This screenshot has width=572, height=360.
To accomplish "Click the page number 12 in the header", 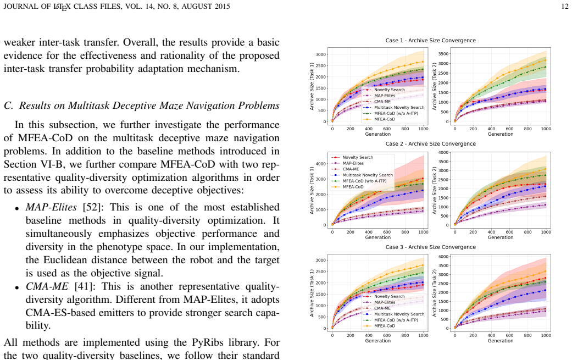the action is (565, 6).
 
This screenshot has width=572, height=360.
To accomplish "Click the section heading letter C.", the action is (8, 106).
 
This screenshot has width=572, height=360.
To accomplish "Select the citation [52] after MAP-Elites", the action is (93, 207).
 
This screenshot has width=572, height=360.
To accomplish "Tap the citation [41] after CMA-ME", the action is (85, 286).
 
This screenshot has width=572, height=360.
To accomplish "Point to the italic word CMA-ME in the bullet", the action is (47, 286).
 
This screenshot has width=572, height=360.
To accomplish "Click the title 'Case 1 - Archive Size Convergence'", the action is (430, 41).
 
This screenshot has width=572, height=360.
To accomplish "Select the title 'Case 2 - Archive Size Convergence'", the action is (430, 143).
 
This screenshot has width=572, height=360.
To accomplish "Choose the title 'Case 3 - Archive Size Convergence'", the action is (430, 247).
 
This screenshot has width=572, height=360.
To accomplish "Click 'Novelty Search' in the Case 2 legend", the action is (358, 157).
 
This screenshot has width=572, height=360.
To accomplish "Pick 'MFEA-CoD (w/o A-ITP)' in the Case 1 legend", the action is (396, 113).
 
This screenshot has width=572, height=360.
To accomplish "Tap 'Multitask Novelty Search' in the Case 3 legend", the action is (399, 314).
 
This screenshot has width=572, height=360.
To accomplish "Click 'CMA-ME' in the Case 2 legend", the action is (351, 169).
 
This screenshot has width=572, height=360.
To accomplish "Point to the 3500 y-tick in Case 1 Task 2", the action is (443, 54).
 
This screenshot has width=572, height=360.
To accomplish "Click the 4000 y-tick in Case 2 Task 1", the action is (321, 164).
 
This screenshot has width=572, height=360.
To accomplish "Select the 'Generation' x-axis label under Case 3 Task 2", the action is (501, 341).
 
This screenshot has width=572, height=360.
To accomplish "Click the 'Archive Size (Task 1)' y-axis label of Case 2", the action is (312, 190).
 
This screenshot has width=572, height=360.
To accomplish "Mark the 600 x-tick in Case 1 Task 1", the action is (387, 129).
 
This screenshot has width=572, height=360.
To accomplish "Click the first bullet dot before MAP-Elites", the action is (17, 209).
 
